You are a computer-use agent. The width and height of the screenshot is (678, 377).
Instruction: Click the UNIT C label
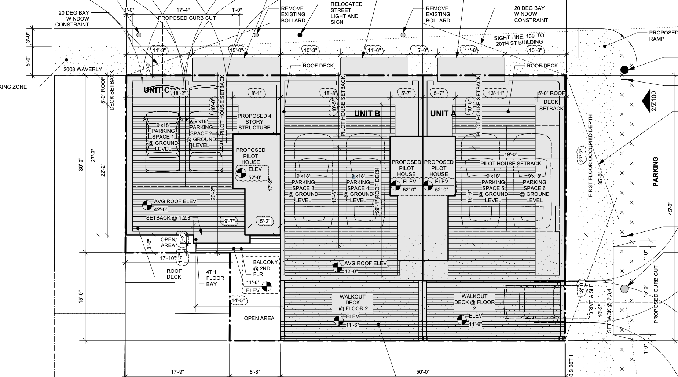pos(156,90)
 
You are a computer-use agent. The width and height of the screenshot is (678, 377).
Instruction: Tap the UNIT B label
pos(367,114)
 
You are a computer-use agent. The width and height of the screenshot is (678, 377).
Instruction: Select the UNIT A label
pos(443,114)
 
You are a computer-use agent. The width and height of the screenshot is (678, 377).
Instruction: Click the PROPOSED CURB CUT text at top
pos(187,18)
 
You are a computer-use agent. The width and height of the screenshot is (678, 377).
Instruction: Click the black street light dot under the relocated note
pos(300,35)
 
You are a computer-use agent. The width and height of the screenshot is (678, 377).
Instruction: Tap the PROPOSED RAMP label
pos(663,36)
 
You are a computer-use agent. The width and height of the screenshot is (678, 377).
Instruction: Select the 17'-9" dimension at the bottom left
pos(177,372)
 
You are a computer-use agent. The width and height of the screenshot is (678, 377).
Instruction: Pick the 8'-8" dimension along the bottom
pos(255,372)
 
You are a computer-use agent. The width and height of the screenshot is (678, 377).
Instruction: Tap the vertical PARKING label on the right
pos(656,172)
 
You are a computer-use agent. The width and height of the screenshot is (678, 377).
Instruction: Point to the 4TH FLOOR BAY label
pos(211,278)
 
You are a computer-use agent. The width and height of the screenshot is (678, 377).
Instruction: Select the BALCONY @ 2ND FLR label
pos(265,268)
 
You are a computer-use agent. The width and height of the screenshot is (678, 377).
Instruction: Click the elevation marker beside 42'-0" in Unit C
pos(147,205)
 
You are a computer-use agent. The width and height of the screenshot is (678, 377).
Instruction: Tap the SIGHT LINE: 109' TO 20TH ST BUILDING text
pos(519,39)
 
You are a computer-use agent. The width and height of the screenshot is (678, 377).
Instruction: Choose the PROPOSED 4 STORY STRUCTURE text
pos(254,122)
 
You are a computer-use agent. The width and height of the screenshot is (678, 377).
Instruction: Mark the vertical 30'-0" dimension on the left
pos(81,164)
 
